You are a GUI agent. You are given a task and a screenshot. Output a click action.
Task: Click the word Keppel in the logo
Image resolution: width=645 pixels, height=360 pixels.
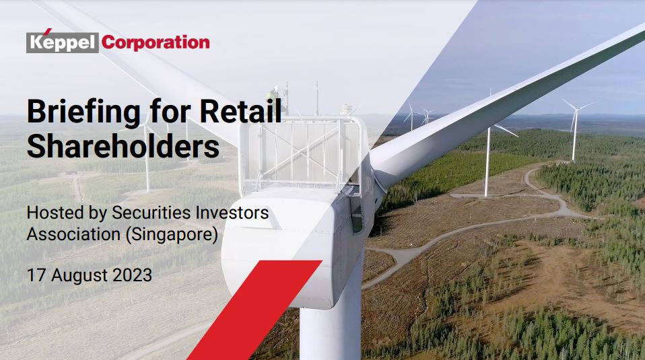[63, 43]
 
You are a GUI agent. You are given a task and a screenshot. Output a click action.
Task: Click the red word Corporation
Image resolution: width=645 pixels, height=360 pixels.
[156, 43]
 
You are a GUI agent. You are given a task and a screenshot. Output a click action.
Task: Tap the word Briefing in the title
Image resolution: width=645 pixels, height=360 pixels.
[83, 112]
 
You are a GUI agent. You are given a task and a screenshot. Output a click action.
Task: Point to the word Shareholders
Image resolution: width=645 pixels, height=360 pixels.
[123, 146]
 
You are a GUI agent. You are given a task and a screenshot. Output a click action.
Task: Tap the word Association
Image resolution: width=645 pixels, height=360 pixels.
[73, 234]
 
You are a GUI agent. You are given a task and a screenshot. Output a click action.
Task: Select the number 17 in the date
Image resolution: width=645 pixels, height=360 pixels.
[36, 275]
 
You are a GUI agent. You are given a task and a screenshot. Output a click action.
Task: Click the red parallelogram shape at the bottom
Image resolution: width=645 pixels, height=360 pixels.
[255, 310]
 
